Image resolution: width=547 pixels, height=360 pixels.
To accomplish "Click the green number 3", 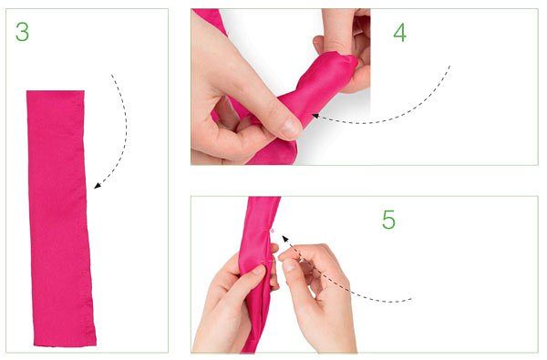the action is pyautogui.click(x=22, y=32).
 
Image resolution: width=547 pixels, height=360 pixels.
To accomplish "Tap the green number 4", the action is pyautogui.click(x=400, y=33).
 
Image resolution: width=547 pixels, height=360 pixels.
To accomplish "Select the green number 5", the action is pyautogui.click(x=388, y=220).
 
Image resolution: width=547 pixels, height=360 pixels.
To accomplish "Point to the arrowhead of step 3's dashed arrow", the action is pyautogui.click(x=98, y=186).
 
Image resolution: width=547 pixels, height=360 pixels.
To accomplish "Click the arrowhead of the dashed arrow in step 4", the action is pyautogui.click(x=315, y=116).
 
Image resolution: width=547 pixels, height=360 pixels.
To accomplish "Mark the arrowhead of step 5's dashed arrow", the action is pyautogui.click(x=285, y=239).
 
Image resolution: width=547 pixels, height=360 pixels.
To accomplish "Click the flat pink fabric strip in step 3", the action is pyautogui.click(x=60, y=219).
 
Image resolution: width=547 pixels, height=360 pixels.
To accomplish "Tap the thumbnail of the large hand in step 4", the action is pyautogui.click(x=290, y=128).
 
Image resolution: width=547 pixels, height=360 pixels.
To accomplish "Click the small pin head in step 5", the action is pyautogui.click(x=273, y=231).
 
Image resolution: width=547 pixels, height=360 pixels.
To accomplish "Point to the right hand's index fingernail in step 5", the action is pyautogui.click(x=288, y=266).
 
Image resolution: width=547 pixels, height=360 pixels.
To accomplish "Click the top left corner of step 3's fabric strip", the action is pyautogui.click(x=26, y=91).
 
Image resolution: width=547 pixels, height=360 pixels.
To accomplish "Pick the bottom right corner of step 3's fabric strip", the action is pyautogui.click(x=96, y=345).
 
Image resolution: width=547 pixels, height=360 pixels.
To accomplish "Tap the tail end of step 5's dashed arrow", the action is pyautogui.click(x=412, y=299).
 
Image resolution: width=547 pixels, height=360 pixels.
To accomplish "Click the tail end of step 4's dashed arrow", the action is pyautogui.click(x=449, y=66).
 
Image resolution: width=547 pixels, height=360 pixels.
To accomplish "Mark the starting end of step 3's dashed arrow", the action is pyautogui.click(x=111, y=75).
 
